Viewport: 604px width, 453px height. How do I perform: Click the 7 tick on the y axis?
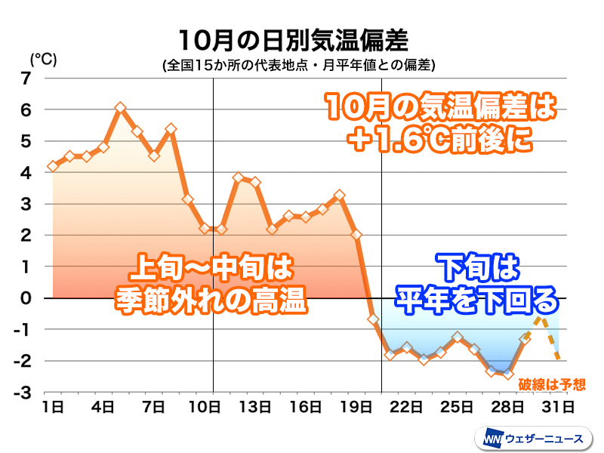[x=26, y=79]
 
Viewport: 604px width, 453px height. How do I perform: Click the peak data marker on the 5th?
[x=120, y=108]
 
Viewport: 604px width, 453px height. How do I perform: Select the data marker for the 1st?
[x=52, y=166]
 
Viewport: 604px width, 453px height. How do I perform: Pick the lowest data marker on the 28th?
[x=508, y=374]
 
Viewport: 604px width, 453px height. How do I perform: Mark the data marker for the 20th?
[x=373, y=319]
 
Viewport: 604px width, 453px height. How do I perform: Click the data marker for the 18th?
[x=339, y=196]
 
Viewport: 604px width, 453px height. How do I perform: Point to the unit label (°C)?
[x=43, y=59]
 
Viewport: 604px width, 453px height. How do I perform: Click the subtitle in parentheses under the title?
[x=298, y=65]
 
